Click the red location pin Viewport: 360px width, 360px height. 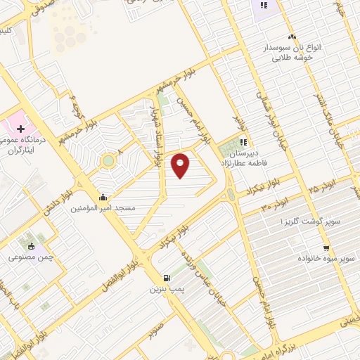coord(181,165)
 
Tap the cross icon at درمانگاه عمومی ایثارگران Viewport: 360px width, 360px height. coord(21,129)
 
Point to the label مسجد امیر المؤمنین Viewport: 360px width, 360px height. coord(115,209)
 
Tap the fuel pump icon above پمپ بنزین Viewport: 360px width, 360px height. coord(167,277)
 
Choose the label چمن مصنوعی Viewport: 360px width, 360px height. coord(30,258)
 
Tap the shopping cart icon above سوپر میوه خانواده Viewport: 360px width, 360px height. coord(326,247)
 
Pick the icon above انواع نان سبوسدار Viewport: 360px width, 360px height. coord(292,37)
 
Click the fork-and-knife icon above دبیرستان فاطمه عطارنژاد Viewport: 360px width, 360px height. coord(243,141)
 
